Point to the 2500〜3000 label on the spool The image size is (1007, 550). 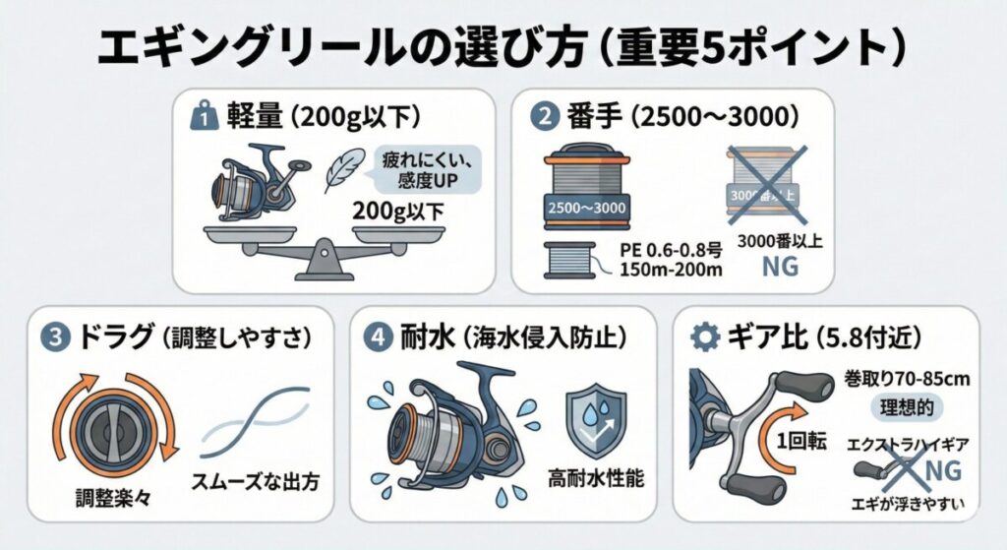coord(587,211)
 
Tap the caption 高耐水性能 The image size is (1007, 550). coord(596,480)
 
